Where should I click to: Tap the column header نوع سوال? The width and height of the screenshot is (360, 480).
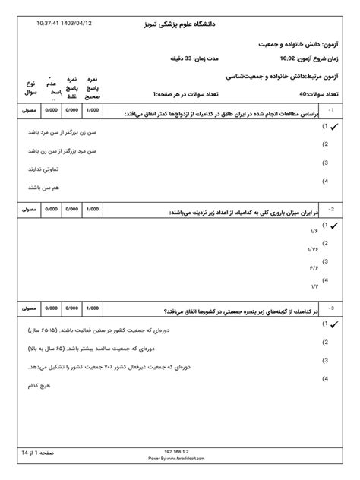pyautogui.click(x=31, y=86)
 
